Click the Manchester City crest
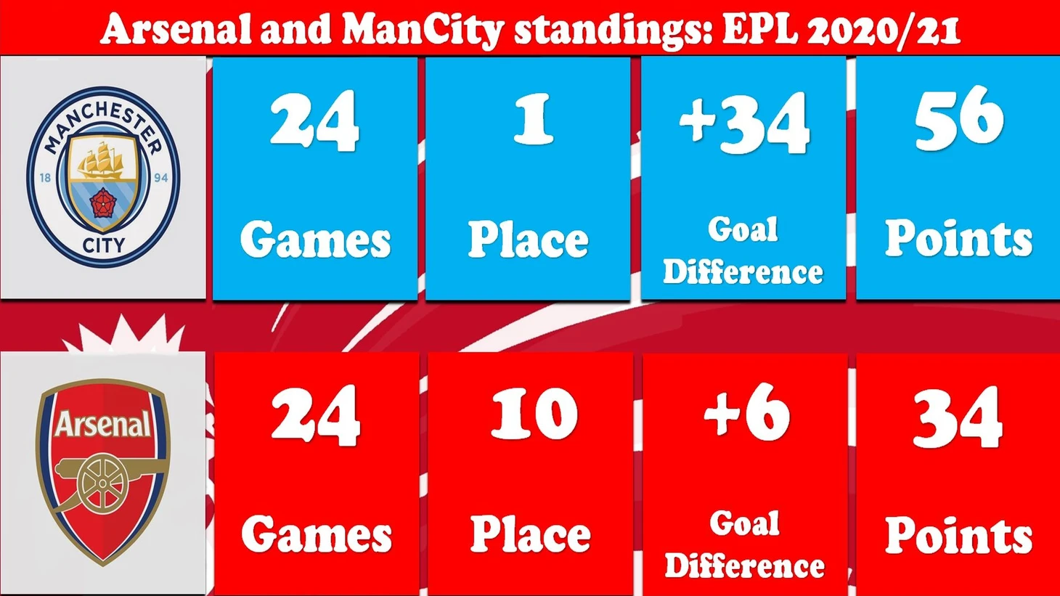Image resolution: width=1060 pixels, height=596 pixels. [x=103, y=177]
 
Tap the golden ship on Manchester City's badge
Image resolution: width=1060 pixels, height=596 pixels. [x=101, y=161]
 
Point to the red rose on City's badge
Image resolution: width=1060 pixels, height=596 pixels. [x=102, y=203]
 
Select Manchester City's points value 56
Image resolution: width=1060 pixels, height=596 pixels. [x=958, y=118]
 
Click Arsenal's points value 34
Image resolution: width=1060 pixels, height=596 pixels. [x=958, y=416]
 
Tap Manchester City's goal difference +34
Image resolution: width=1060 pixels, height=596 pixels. [x=743, y=123]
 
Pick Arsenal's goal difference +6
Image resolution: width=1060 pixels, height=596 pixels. [x=746, y=411]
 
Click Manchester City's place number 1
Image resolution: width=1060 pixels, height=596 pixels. [x=534, y=118]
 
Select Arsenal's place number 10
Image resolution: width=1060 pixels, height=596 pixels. [x=534, y=414]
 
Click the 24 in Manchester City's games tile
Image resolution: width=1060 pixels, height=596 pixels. [x=314, y=121]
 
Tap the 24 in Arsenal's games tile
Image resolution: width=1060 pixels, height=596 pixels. [x=316, y=416]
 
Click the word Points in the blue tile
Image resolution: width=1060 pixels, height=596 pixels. [x=958, y=238]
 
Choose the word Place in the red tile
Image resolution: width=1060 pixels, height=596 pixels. [x=530, y=534]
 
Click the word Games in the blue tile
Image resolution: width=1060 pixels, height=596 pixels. [x=316, y=240]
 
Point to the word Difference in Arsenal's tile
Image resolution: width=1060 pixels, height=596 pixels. [x=744, y=566]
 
